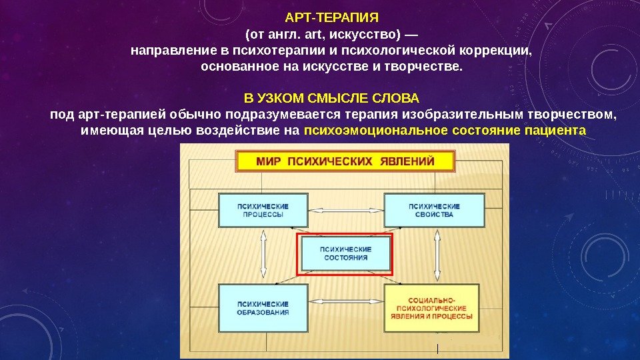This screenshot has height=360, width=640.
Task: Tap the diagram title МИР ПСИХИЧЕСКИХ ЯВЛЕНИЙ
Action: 345,161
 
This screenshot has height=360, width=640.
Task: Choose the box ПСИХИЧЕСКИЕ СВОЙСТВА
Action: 434,211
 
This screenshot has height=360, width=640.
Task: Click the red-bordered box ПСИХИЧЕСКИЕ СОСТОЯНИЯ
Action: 345,253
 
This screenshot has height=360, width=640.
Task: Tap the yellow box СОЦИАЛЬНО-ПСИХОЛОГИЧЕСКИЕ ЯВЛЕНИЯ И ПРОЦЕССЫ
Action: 434,308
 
